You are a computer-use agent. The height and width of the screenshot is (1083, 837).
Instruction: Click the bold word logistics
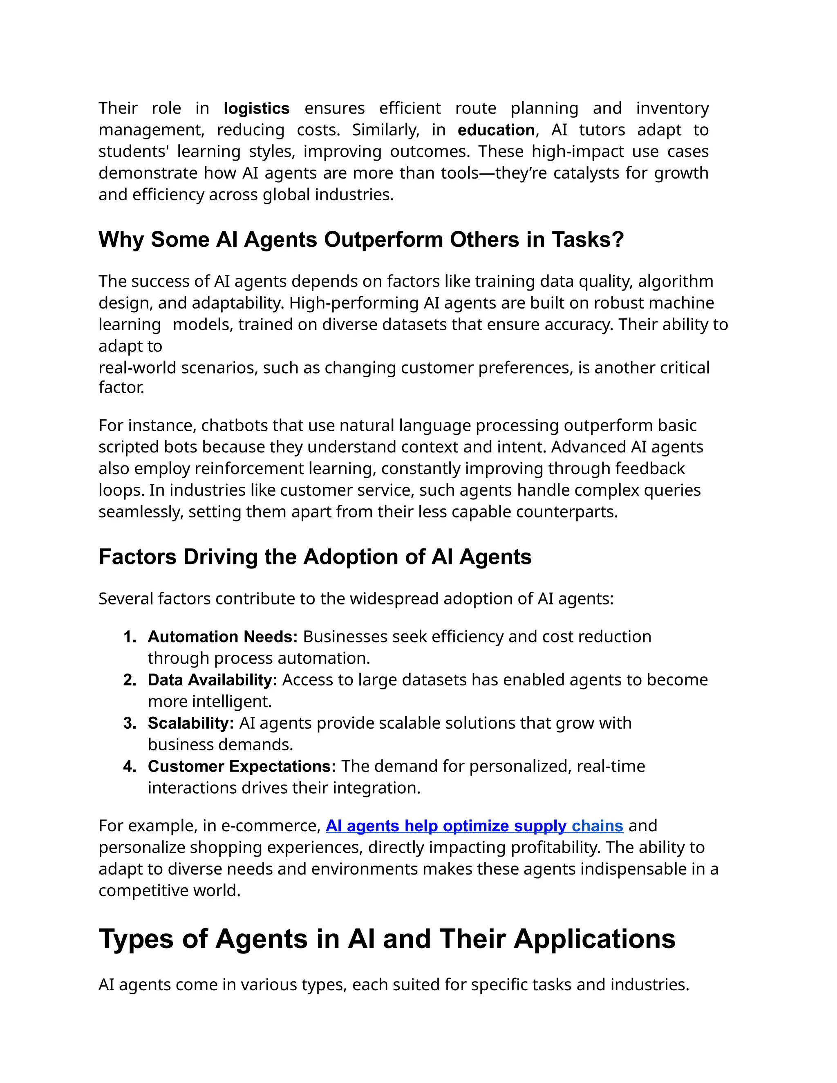256,108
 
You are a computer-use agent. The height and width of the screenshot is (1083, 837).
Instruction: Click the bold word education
496,130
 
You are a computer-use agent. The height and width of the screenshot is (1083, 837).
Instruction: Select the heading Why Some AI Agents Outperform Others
360,239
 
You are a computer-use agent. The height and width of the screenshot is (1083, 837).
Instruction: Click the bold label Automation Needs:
223,637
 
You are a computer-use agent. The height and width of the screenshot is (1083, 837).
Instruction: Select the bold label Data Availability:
212,680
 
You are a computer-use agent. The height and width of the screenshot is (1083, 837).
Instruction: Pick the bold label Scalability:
191,723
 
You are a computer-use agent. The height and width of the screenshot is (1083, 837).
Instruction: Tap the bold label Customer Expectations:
242,766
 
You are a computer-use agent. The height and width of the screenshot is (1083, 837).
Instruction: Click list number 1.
130,637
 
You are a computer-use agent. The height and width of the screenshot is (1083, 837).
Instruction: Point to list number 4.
130,766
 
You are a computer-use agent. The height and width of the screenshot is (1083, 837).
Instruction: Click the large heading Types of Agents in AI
387,939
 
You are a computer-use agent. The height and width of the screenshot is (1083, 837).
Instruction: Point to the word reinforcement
251,469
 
